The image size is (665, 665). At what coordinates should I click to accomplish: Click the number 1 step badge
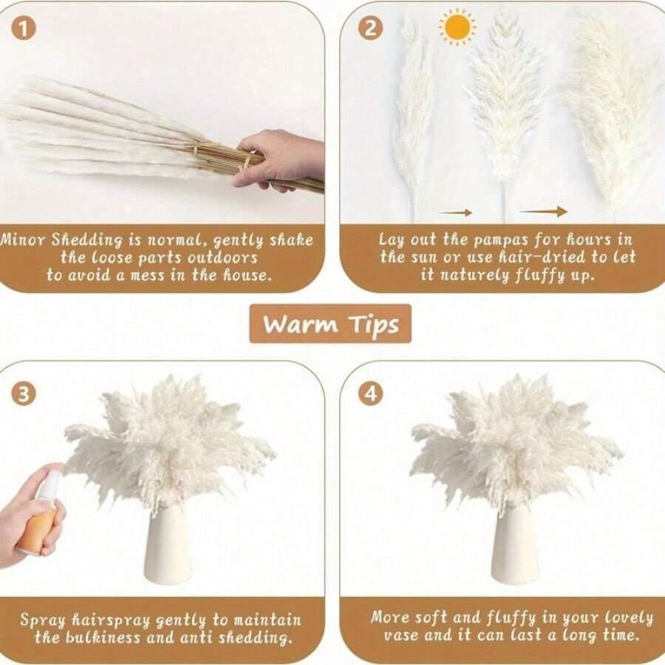24,28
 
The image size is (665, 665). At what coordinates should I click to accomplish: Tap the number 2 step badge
370,28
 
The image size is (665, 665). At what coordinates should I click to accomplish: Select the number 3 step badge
24,393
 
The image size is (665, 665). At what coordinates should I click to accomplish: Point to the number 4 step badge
370,393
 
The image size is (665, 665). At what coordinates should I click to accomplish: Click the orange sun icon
457,27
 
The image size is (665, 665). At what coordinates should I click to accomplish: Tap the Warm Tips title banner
330,324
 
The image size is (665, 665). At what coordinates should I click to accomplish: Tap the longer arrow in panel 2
543,211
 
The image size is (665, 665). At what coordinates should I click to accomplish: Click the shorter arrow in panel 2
455,213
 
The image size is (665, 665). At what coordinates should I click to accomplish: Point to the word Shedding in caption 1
87,241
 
